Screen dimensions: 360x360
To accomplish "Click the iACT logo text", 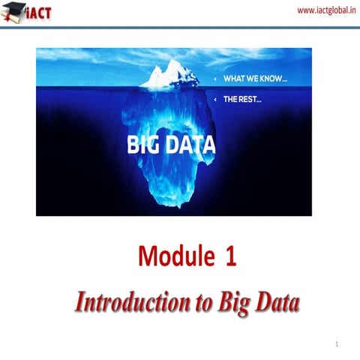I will click(x=37, y=13).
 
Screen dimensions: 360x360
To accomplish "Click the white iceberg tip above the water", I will click(x=169, y=73).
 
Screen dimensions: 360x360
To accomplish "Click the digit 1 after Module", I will click(x=230, y=257).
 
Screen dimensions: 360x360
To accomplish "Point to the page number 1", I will click(x=338, y=344).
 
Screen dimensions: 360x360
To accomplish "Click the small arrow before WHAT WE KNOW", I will click(x=216, y=79).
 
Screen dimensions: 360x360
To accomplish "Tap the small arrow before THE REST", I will click(x=216, y=98).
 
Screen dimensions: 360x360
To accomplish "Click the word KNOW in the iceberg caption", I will click(x=277, y=79).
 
